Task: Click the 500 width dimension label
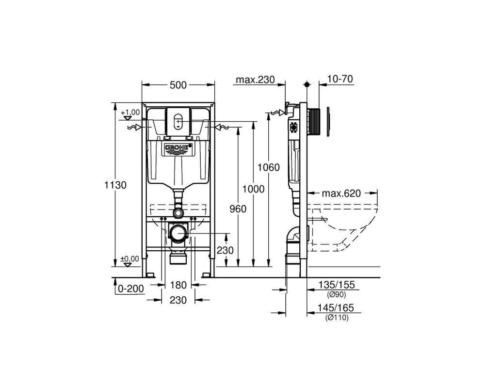coord(178,85)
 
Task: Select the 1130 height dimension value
coord(115,185)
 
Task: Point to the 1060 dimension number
coord(269,167)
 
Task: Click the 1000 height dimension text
coord(253,189)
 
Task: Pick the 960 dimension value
coord(238,209)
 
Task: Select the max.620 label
coord(341,194)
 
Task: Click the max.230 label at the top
coord(255,80)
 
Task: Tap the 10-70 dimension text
coord(340,79)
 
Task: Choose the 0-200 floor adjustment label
coord(131,289)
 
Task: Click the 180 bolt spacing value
coord(178,285)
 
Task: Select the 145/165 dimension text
coord(336,308)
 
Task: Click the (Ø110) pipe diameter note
coord(336,318)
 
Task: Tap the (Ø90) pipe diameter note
coord(336,294)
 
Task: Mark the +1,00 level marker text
coord(130,112)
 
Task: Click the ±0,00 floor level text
coord(130,259)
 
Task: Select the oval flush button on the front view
coord(178,121)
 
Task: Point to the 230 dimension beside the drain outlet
coord(225,250)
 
